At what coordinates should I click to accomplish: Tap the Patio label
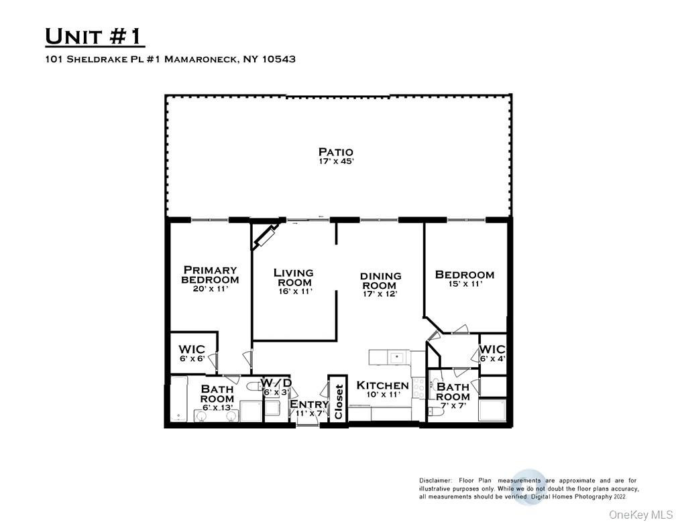click(335, 152)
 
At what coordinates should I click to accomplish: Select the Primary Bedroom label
click(210, 275)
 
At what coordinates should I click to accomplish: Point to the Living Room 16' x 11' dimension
click(293, 291)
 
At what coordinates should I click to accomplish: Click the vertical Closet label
click(339, 401)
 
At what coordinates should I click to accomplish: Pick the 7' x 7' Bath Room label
click(453, 392)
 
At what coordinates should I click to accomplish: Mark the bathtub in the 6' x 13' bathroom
click(178, 400)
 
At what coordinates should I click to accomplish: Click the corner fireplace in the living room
click(264, 236)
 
